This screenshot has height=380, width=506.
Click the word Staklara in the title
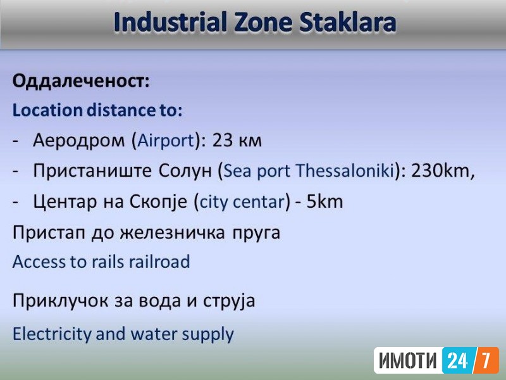pos(347,22)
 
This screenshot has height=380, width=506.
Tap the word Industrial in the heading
pos(170,22)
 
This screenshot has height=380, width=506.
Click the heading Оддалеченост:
pos(81,81)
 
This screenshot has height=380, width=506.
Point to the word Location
pos(47,110)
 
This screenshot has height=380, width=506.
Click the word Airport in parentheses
pos(166,141)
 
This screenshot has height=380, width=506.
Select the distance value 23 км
pos(237,140)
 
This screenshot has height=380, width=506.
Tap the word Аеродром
pos(78,141)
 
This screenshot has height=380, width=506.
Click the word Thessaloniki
pos(345,170)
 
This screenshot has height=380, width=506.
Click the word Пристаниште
pos(92,170)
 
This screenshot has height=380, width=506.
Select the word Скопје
pos(158,201)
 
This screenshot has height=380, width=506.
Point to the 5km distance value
pos(324,201)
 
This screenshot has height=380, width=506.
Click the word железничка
pos(173,232)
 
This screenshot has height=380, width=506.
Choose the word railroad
pos(159,262)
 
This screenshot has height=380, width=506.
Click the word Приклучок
pos(60,300)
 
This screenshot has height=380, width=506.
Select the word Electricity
pos(52,334)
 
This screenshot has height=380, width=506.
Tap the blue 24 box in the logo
pos(457,360)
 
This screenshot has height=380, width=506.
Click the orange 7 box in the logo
pos(486,360)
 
